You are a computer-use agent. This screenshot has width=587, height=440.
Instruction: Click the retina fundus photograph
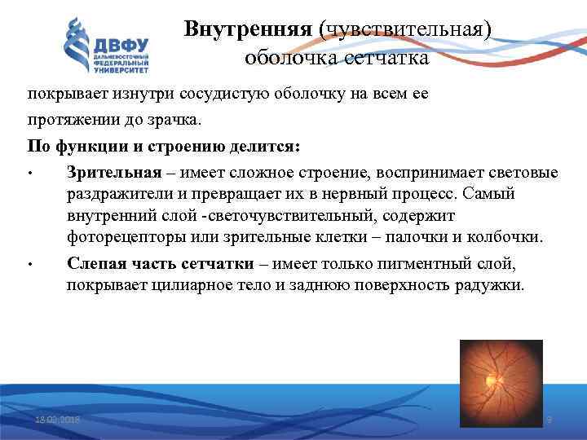click(499, 383)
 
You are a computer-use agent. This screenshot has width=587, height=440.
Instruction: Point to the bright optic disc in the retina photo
click(491, 379)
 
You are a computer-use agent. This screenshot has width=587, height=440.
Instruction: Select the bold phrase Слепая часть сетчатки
click(160, 265)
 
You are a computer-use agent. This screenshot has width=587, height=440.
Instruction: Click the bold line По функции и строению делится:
click(164, 147)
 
